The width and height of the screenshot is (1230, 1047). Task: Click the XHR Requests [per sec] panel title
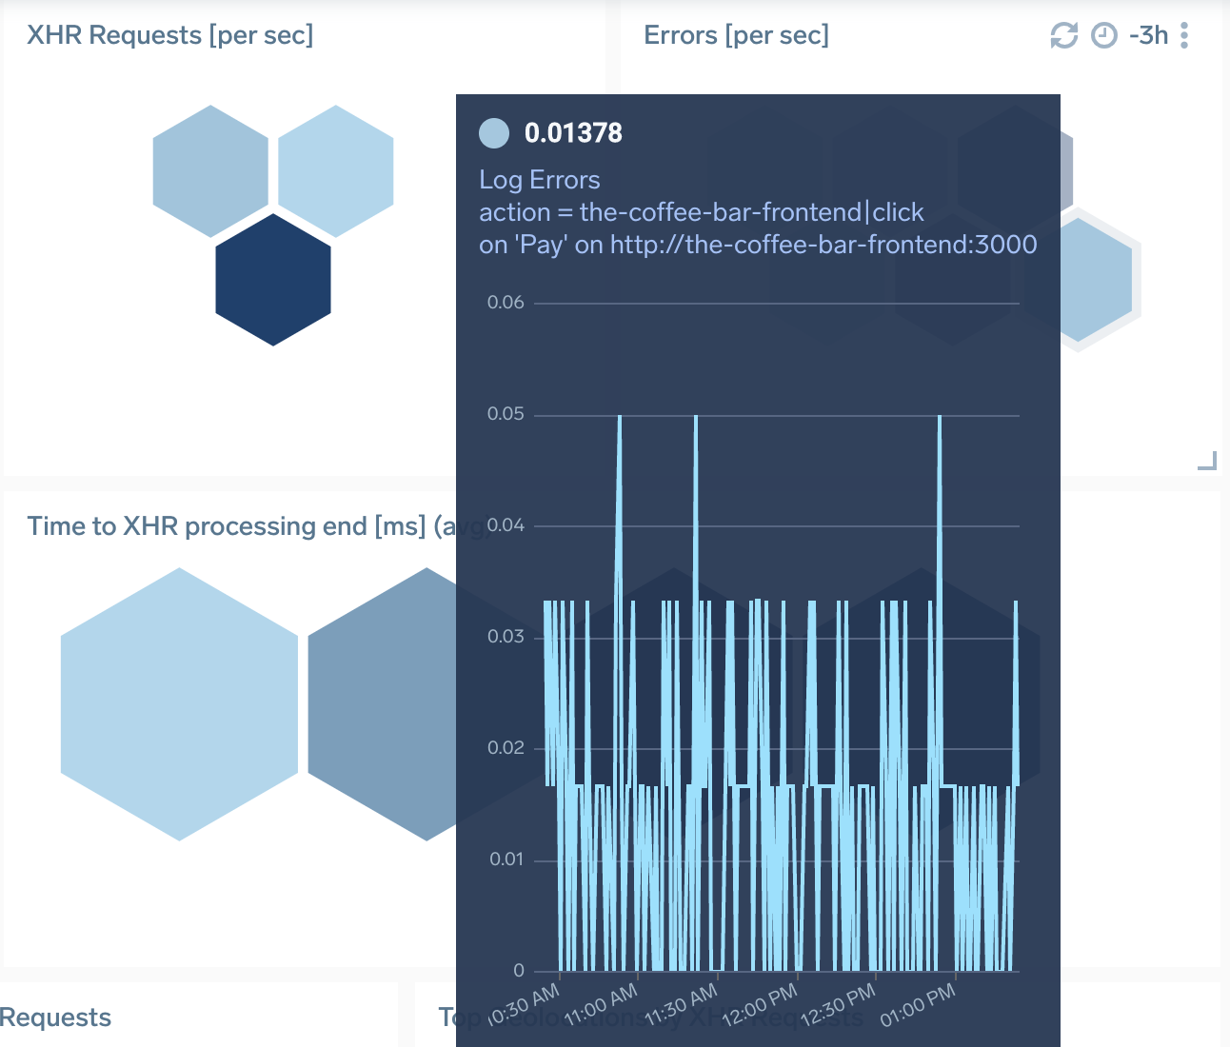pyautogui.click(x=169, y=35)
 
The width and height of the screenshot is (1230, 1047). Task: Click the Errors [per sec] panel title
pyautogui.click(x=736, y=35)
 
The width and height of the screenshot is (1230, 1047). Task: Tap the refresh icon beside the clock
pyautogui.click(x=1063, y=36)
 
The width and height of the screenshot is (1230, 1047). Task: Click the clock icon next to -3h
pyautogui.click(x=1103, y=36)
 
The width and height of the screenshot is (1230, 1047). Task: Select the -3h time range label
pyautogui.click(x=1148, y=35)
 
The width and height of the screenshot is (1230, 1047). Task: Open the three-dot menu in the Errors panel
pyautogui.click(x=1184, y=36)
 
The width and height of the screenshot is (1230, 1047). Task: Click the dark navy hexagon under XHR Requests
pyautogui.click(x=273, y=279)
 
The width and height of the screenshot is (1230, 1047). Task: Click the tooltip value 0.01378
pyautogui.click(x=573, y=133)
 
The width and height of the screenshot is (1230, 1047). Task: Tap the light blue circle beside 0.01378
pyautogui.click(x=494, y=133)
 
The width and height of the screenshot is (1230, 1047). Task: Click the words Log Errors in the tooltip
pyautogui.click(x=539, y=180)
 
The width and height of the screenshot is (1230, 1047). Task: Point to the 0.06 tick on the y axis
pyautogui.click(x=506, y=303)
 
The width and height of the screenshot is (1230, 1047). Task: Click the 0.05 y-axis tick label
pyautogui.click(x=506, y=414)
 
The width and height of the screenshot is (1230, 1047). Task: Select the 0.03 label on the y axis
pyautogui.click(x=506, y=637)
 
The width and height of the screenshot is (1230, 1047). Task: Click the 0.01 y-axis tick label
pyautogui.click(x=506, y=859)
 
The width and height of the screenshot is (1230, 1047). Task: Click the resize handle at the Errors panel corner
pyautogui.click(x=1207, y=462)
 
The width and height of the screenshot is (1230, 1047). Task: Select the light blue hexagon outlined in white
pyautogui.click(x=1078, y=280)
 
